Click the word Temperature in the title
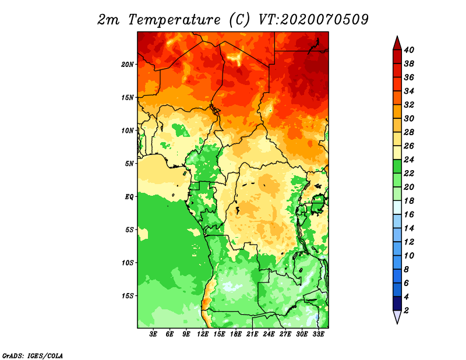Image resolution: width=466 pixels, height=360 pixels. [x=174, y=20]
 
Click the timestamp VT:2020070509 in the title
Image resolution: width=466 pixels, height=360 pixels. [x=313, y=20]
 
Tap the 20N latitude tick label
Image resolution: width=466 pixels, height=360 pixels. [x=128, y=65]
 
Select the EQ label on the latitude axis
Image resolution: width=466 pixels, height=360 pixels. [x=129, y=197]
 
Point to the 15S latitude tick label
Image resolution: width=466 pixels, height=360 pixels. [x=128, y=296]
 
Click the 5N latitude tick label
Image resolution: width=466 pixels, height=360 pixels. [x=129, y=164]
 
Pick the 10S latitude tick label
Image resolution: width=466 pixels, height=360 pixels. [x=128, y=263]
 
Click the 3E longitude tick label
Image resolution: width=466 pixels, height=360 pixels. [x=153, y=334]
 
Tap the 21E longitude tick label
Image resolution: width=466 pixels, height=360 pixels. [x=252, y=334]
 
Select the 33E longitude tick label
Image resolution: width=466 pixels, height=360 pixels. [x=318, y=334]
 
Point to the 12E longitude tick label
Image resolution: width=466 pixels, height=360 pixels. [x=202, y=334]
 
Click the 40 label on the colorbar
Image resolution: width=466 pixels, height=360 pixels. [x=409, y=50]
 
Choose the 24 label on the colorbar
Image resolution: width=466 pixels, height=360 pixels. [x=409, y=160]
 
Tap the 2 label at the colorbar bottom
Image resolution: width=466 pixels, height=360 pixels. [x=406, y=310]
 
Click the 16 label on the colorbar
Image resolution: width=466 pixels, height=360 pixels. [x=409, y=214]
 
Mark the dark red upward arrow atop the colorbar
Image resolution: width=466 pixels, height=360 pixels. [x=397, y=44]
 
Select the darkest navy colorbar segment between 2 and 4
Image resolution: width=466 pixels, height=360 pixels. [x=397, y=303]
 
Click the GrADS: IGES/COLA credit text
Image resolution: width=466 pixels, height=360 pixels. [x=33, y=355]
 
